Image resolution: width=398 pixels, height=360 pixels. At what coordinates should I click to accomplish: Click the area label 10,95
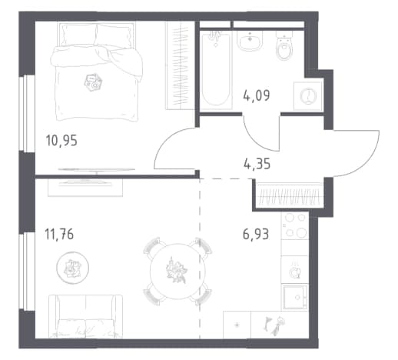coord(61,141)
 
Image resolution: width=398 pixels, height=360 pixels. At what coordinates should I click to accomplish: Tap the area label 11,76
coord(59,234)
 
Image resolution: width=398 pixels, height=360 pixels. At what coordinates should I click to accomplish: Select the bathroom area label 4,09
coord(256,95)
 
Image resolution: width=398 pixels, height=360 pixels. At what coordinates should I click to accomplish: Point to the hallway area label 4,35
coord(257,164)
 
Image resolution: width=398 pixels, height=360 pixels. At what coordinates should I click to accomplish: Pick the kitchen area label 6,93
coord(256,234)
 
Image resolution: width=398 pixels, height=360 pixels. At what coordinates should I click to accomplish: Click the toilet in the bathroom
coord(284,45)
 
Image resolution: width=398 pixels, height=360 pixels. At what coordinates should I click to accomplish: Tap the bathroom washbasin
coord(250,41)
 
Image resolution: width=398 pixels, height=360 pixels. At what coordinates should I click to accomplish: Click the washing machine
coord(307,96)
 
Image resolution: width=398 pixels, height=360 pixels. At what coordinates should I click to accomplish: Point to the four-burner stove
coord(295,226)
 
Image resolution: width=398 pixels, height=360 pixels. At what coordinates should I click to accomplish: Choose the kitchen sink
coord(295,297)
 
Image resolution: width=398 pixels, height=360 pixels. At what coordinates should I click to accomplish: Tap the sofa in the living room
coord(85,316)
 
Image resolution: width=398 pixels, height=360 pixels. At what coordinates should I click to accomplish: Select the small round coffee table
coord(72,268)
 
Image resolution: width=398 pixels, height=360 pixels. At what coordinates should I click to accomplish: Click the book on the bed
coord(94,82)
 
